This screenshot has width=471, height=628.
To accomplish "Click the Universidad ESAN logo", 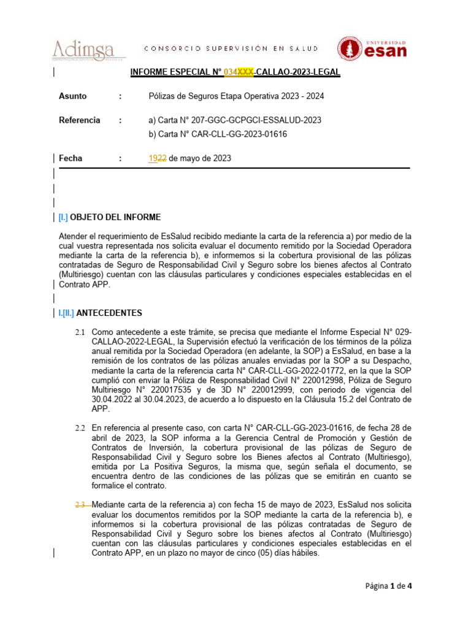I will (372, 48).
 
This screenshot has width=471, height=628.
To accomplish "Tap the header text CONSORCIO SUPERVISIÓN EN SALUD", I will (231, 48).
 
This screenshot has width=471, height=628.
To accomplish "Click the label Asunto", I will (72, 96).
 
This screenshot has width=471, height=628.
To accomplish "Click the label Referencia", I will (79, 120).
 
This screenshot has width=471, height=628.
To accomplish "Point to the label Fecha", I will (71, 158).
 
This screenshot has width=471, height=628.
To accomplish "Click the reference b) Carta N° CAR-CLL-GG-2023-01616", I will (218, 134).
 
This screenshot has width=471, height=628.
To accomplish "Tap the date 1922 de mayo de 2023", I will (190, 158).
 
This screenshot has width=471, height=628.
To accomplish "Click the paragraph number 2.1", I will (80, 332).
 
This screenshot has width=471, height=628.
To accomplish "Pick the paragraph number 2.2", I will (80, 427).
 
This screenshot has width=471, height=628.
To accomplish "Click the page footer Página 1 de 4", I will (389, 586).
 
